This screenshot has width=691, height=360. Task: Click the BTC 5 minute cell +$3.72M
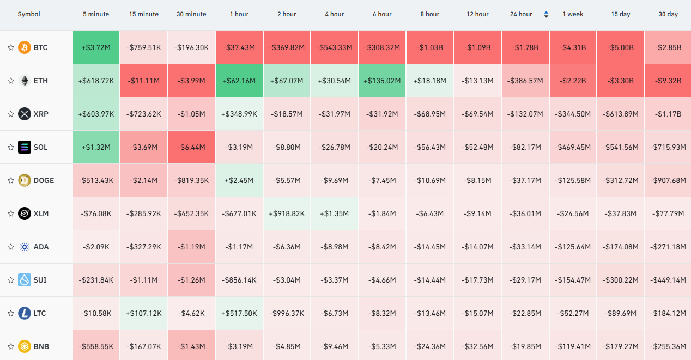click(96, 47)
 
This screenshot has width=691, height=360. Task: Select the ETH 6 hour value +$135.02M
click(382, 81)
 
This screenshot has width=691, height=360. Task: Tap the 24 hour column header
click(521, 14)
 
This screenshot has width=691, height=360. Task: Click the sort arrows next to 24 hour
click(546, 14)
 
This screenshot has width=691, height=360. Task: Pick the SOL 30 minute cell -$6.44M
click(191, 147)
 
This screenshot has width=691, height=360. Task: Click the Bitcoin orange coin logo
click(25, 47)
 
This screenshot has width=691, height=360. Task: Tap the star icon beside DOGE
click(11, 180)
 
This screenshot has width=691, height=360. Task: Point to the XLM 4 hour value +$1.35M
click(335, 213)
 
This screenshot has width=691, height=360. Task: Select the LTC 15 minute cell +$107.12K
click(144, 313)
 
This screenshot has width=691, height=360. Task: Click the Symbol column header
click(29, 14)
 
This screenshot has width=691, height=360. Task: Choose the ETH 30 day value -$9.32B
click(668, 81)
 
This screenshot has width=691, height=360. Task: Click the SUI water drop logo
click(25, 280)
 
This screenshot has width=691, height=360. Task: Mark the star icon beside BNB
click(11, 346)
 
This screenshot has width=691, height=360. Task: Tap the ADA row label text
click(41, 247)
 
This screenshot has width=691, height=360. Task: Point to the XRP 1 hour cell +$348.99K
click(239, 114)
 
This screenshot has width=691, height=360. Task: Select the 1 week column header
click(573, 14)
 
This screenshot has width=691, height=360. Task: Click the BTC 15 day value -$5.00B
click(620, 47)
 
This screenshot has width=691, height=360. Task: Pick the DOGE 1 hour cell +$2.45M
click(239, 180)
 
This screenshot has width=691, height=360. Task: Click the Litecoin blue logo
click(25, 313)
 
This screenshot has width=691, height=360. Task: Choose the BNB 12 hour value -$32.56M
click(477, 346)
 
